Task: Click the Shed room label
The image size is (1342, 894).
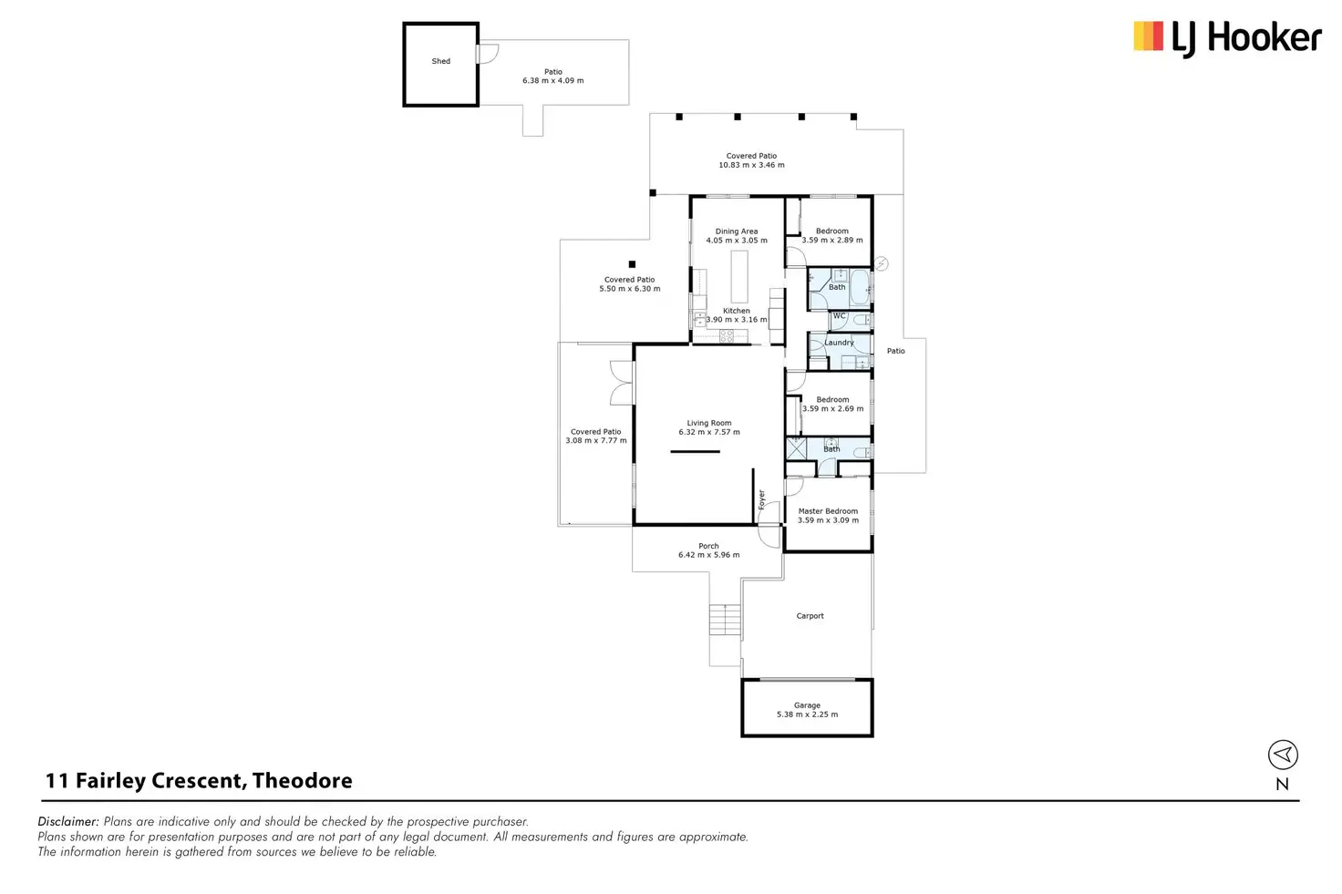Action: pyautogui.click(x=441, y=61)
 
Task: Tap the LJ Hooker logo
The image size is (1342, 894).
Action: pyautogui.click(x=1227, y=37)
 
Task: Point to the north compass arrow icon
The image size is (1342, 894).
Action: pyautogui.click(x=1283, y=755)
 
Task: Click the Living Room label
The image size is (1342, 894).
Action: pyautogui.click(x=709, y=423)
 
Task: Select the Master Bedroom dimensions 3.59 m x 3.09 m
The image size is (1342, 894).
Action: pyautogui.click(x=828, y=520)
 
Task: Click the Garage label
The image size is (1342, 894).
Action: pyautogui.click(x=807, y=705)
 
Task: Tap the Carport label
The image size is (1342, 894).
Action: pyautogui.click(x=810, y=616)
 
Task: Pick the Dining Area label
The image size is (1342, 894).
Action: pyautogui.click(x=737, y=231)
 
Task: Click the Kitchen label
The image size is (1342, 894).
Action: pyautogui.click(x=737, y=311)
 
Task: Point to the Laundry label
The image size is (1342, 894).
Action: pyautogui.click(x=840, y=343)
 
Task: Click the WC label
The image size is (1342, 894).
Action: pyautogui.click(x=840, y=316)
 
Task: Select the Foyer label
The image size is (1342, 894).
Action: pyautogui.click(x=762, y=499)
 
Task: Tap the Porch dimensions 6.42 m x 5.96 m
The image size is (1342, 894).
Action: pyautogui.click(x=708, y=555)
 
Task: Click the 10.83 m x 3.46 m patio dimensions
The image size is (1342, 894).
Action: pyautogui.click(x=751, y=165)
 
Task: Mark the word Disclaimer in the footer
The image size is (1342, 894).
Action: pyautogui.click(x=68, y=821)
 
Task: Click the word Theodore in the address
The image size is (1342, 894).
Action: pyautogui.click(x=302, y=781)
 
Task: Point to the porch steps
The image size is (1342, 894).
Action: pyautogui.click(x=726, y=620)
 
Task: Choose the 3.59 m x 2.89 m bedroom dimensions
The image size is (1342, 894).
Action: pyautogui.click(x=832, y=241)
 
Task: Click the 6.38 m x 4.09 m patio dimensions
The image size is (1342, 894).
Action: pyautogui.click(x=553, y=81)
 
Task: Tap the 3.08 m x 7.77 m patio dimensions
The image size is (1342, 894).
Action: pyautogui.click(x=596, y=441)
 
